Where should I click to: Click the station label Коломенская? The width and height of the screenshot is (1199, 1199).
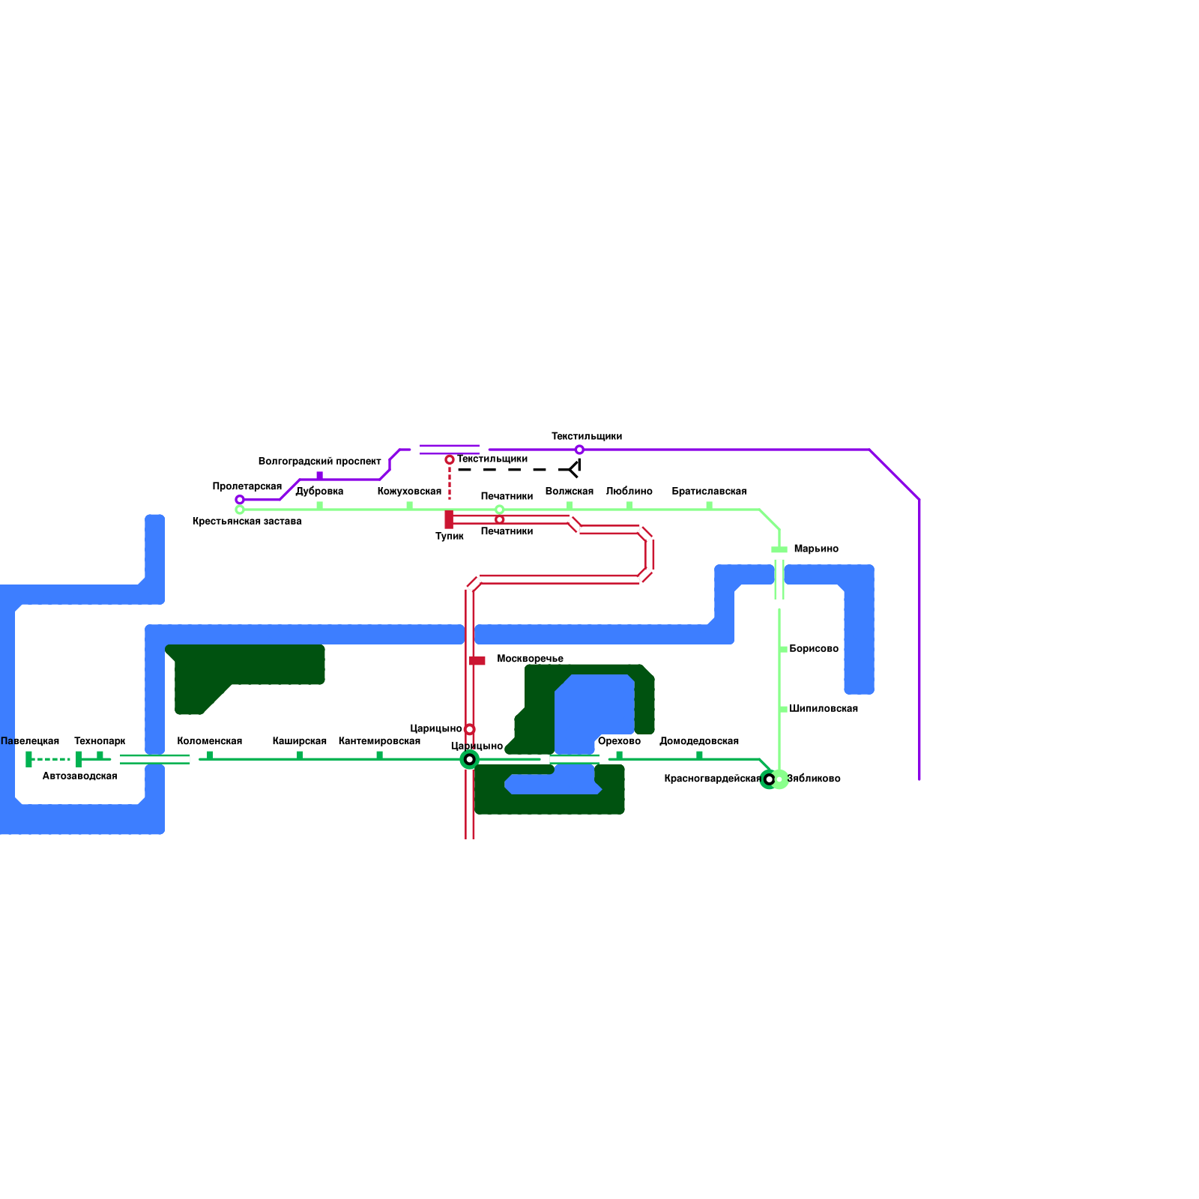(x=209, y=741)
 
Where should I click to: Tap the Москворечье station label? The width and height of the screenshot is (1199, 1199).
(x=530, y=659)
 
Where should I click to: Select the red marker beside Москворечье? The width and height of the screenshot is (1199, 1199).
(x=477, y=661)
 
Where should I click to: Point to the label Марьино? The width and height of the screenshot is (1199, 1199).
(x=815, y=549)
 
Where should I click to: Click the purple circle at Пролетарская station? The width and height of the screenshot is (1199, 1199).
(x=240, y=499)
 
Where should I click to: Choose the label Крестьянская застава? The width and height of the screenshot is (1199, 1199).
(x=247, y=522)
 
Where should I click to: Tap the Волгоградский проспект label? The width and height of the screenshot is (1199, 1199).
(x=319, y=462)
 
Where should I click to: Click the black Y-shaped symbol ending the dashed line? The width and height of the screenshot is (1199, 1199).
(x=575, y=469)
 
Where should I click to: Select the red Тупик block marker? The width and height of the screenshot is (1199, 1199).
(x=449, y=519)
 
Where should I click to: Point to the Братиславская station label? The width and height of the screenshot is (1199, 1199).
(x=708, y=492)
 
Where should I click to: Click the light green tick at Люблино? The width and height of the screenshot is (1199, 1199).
(x=629, y=506)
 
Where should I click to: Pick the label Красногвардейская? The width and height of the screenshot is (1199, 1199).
(x=712, y=779)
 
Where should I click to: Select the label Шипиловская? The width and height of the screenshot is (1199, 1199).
(x=823, y=709)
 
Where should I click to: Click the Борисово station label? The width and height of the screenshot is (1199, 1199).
(x=813, y=649)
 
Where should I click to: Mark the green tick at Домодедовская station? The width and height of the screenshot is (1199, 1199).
(x=699, y=755)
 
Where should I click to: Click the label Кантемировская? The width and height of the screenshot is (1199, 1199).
(x=379, y=741)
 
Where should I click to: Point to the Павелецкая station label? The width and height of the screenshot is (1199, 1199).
(x=30, y=741)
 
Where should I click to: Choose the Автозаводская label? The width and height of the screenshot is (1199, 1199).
(x=79, y=776)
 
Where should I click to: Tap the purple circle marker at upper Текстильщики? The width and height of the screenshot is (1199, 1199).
(x=579, y=450)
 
